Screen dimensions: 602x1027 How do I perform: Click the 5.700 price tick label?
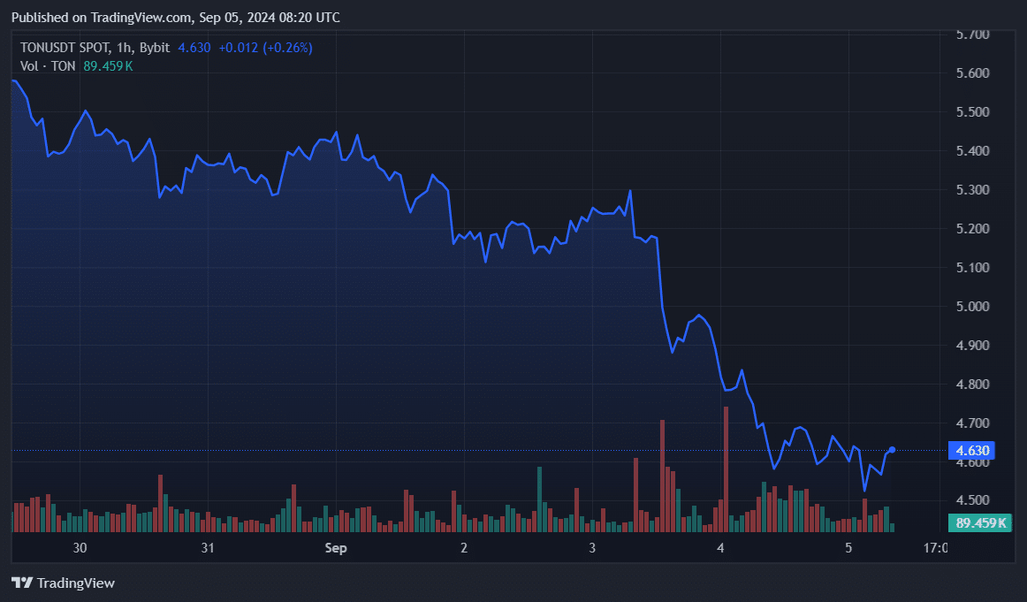(x=972, y=34)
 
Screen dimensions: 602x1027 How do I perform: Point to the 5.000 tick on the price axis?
(x=972, y=307)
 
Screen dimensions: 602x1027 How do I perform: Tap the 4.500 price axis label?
(x=972, y=501)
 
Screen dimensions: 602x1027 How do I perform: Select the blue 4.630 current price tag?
(x=972, y=451)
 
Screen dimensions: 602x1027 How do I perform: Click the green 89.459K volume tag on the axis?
(x=980, y=522)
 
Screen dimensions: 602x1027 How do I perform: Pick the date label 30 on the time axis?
(x=80, y=548)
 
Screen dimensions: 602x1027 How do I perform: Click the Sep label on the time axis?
(x=336, y=548)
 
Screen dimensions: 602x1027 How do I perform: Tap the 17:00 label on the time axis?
(x=935, y=548)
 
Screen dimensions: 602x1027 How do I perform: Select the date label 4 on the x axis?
(x=720, y=548)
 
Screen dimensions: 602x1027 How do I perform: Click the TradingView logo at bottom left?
(x=63, y=583)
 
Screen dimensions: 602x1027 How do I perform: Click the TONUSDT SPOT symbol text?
(x=66, y=48)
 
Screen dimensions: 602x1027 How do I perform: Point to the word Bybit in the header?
(x=155, y=48)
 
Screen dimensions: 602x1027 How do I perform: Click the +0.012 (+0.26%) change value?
(x=265, y=48)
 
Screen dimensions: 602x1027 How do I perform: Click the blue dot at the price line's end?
(x=892, y=450)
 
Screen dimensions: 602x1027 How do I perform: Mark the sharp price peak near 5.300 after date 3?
(x=630, y=191)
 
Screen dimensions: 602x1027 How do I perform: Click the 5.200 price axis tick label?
(x=972, y=229)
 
